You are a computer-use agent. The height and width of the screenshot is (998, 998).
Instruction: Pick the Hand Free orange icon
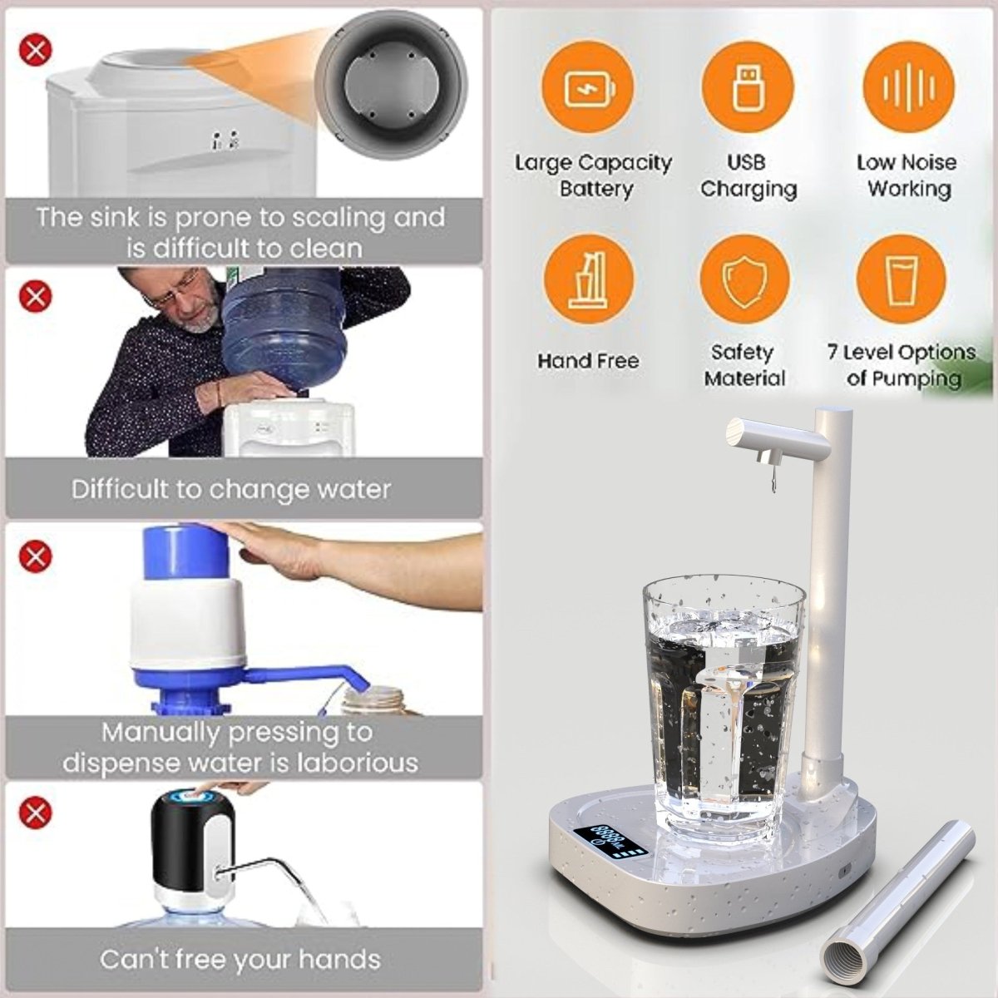click(x=588, y=279)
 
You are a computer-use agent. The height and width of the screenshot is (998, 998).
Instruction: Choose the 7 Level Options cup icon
click(x=901, y=279)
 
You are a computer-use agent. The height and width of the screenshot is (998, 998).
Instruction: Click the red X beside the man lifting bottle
click(x=36, y=294)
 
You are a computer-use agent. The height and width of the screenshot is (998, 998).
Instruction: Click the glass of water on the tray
click(x=723, y=707)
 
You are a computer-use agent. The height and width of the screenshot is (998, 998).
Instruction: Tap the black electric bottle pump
click(x=188, y=852)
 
